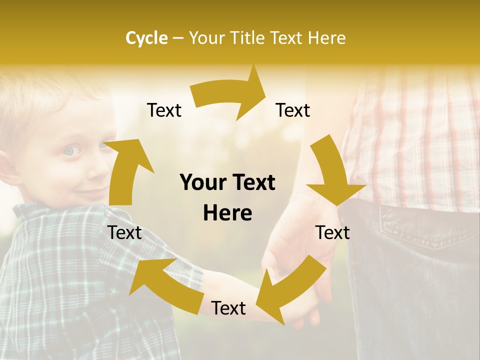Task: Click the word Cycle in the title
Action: (x=146, y=38)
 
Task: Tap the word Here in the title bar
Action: (x=327, y=38)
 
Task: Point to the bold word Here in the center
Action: (x=227, y=213)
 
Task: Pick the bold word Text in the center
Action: (x=252, y=183)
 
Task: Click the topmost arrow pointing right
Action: (x=230, y=94)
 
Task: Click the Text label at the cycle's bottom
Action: (x=228, y=308)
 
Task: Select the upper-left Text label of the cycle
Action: (x=164, y=110)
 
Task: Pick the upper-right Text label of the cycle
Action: (x=293, y=110)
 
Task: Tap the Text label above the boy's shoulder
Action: (x=125, y=232)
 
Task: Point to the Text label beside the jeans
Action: (x=333, y=232)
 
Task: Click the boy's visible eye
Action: (x=71, y=150)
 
